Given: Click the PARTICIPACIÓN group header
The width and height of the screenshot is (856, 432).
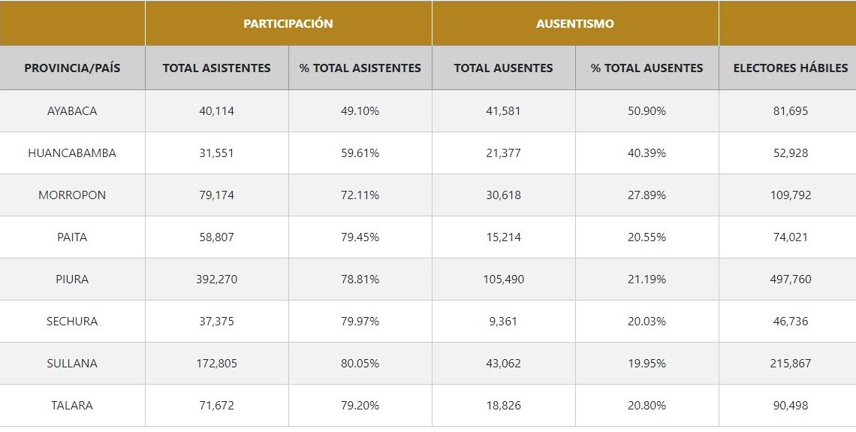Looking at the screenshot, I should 288,23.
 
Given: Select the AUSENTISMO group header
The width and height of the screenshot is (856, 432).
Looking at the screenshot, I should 575,23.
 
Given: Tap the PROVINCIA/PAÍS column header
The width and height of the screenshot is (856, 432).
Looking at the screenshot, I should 72,68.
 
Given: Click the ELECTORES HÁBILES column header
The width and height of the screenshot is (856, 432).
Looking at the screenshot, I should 791,68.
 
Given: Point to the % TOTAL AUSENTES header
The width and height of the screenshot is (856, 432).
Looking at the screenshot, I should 647,68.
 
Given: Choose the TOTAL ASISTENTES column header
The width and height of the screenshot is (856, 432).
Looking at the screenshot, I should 216,68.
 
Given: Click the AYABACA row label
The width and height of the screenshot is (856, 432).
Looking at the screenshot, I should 72,110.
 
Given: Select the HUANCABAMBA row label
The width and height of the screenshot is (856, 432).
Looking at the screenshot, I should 72,153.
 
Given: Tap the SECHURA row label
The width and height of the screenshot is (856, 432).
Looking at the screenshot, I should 72,321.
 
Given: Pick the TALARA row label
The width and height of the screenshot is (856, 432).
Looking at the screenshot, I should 72,405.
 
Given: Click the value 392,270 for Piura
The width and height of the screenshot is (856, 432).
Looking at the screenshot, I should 216,279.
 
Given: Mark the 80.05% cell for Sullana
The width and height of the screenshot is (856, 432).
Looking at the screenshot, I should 360,363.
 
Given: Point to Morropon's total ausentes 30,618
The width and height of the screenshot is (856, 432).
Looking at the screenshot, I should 503,195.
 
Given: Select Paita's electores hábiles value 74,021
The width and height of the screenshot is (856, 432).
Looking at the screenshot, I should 791,237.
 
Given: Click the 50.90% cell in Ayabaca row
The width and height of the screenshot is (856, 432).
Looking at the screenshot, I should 647,110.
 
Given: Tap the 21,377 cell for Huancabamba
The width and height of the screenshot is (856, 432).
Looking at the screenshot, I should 503,153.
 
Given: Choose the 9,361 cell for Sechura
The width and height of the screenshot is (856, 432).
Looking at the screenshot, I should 503,321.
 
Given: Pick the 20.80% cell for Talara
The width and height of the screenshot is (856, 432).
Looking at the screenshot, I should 647,405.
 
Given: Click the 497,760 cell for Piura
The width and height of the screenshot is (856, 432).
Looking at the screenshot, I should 791,279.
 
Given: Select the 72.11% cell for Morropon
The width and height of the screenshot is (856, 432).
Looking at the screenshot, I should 360,195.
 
